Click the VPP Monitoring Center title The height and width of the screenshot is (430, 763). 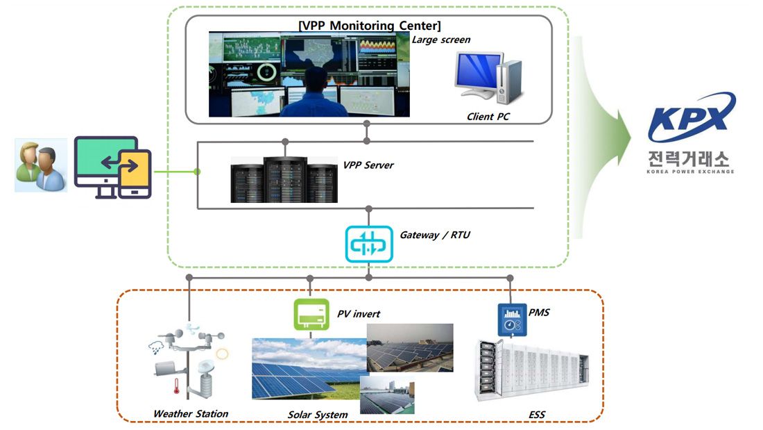[x=369, y=26]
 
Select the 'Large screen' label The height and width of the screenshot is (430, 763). [x=441, y=40]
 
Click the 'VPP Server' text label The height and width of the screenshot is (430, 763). [x=368, y=165]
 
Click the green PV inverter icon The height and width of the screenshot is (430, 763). [x=309, y=313]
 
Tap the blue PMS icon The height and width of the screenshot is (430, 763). [x=510, y=320]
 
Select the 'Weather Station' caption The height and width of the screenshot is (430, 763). [x=190, y=414]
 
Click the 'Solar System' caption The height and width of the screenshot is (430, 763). [x=317, y=415]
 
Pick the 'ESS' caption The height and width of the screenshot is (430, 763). [x=536, y=415]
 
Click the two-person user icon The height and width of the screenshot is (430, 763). [x=40, y=165]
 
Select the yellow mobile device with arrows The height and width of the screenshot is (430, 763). [x=135, y=174]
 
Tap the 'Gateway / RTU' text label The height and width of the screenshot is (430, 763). [x=434, y=235]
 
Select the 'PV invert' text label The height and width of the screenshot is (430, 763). [x=359, y=314]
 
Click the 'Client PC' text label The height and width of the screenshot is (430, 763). [x=488, y=117]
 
